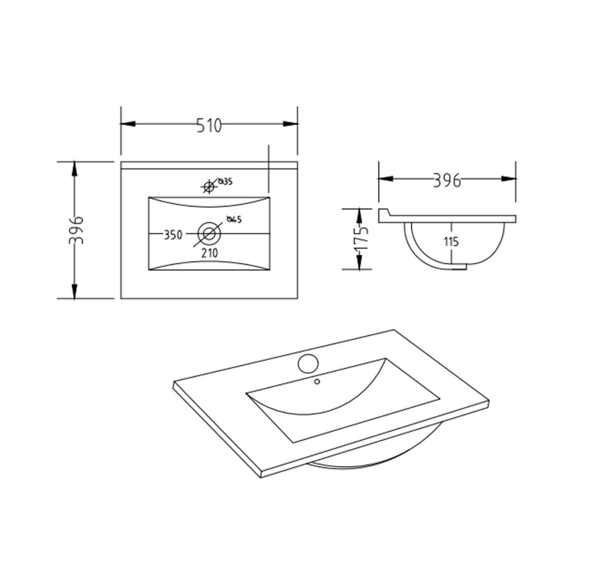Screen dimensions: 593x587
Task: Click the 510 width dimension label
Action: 209,126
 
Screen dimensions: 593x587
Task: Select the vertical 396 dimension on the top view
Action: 76,230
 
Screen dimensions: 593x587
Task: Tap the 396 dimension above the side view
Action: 447,180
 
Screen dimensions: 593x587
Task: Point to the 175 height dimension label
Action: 361,239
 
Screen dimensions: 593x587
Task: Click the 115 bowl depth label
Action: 451,242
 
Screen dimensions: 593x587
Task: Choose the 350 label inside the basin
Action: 173,235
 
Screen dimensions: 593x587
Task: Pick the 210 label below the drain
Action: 210,253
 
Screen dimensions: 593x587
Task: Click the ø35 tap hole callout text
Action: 225,182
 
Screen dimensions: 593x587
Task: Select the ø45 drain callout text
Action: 234,220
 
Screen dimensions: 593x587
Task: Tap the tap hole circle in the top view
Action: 209,186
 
